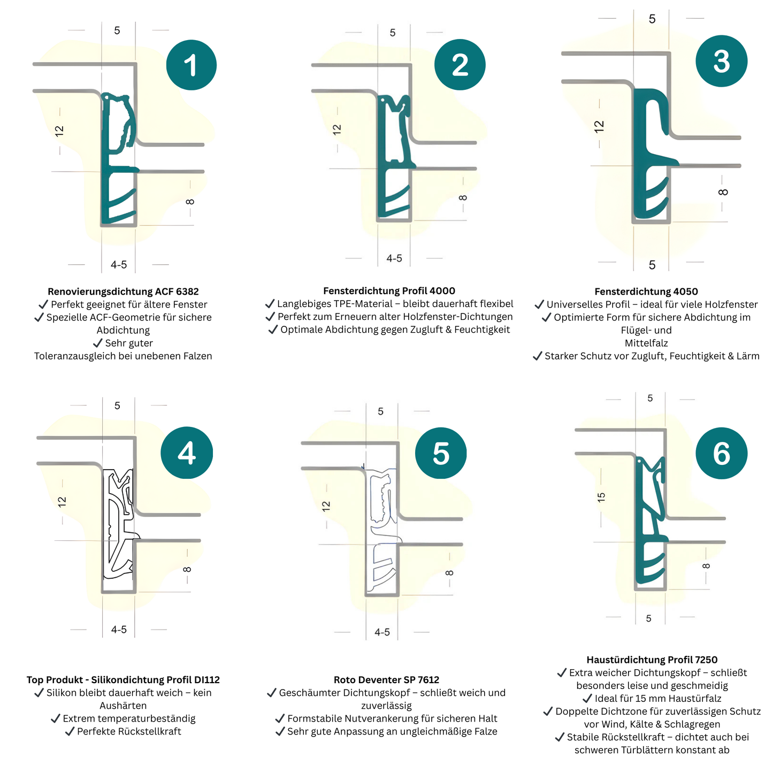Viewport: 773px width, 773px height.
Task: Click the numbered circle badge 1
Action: (191, 65)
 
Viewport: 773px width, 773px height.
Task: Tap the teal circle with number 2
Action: (460, 65)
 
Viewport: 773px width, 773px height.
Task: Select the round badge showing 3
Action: (721, 61)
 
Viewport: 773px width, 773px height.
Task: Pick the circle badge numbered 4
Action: (187, 453)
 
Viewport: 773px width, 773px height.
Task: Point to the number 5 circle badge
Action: (441, 453)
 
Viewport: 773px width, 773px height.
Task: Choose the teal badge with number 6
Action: (721, 453)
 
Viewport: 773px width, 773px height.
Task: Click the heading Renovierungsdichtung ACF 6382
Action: (123, 292)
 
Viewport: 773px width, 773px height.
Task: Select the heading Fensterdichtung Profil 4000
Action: (389, 291)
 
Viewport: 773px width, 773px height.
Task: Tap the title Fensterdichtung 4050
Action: (646, 292)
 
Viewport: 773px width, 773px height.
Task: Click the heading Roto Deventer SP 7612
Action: (386, 680)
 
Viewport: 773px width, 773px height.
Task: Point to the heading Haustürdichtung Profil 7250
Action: (652, 660)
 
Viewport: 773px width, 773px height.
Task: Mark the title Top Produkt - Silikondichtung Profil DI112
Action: (123, 680)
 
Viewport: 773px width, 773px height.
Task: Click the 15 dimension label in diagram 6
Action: (601, 497)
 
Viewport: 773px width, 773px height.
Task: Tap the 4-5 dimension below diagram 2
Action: (394, 258)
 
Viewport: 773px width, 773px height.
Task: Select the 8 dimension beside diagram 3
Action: (723, 193)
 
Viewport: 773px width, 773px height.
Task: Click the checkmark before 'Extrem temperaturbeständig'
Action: (55, 718)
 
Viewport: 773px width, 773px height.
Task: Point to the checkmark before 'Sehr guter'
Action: (97, 343)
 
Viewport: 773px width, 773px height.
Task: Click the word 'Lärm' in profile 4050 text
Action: (748, 356)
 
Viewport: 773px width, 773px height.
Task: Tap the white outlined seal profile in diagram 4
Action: (119, 524)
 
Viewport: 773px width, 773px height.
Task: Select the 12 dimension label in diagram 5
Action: (326, 506)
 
